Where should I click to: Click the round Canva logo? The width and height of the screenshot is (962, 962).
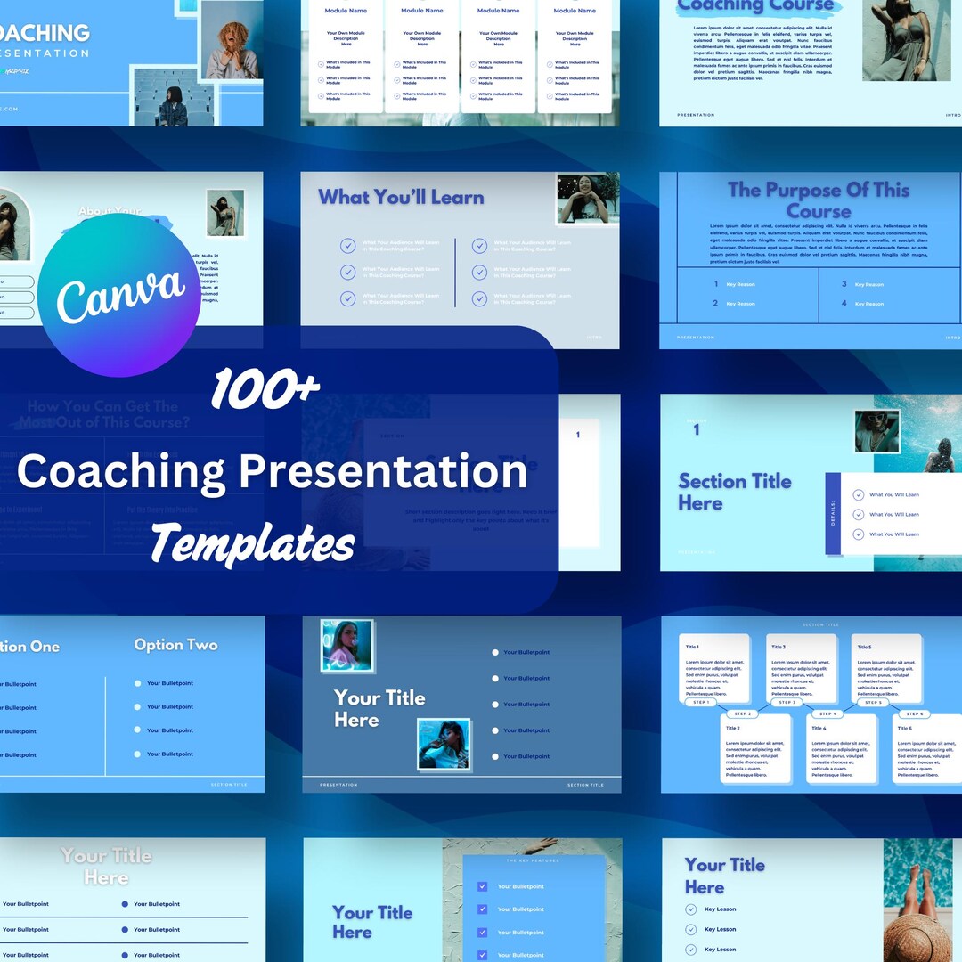pyautogui.click(x=119, y=295)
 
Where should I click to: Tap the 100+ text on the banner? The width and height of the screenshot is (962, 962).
pyautogui.click(x=265, y=392)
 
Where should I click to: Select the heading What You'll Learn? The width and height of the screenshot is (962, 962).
pyautogui.click(x=401, y=198)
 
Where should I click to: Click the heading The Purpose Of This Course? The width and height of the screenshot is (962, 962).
pyautogui.click(x=818, y=200)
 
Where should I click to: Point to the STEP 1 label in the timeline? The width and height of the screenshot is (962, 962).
pyautogui.click(x=701, y=703)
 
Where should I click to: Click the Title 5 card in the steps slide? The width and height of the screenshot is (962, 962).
pyautogui.click(x=886, y=668)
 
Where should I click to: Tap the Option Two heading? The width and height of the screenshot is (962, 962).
pyautogui.click(x=175, y=645)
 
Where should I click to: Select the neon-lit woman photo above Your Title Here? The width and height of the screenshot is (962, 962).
pyautogui.click(x=346, y=645)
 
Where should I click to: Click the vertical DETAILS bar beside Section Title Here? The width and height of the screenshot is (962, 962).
pyautogui.click(x=833, y=514)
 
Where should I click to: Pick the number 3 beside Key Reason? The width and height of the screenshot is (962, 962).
pyautogui.click(x=844, y=284)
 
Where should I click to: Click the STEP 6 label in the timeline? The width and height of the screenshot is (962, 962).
pyautogui.click(x=914, y=714)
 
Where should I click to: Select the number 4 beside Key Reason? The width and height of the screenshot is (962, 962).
pyautogui.click(x=844, y=304)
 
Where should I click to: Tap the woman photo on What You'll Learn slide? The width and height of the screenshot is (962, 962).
pyautogui.click(x=587, y=199)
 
